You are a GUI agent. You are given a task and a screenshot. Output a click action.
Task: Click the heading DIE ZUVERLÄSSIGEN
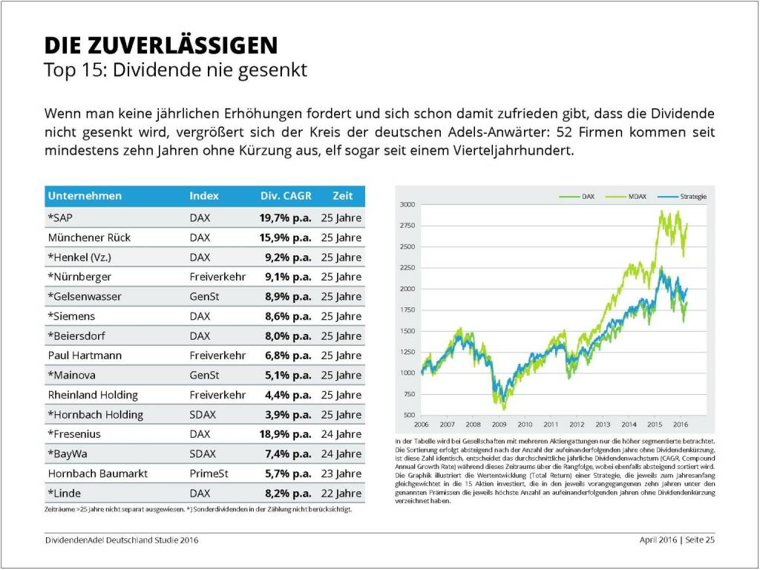[x=161, y=45]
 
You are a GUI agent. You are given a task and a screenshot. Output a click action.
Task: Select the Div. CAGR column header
[x=286, y=196]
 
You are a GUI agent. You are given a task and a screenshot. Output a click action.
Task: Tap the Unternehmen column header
[x=85, y=196]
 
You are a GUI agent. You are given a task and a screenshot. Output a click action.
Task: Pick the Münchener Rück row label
[x=89, y=237]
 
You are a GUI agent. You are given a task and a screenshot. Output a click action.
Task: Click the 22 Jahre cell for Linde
[x=341, y=493]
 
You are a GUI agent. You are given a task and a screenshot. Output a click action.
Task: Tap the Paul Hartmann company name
[x=85, y=356]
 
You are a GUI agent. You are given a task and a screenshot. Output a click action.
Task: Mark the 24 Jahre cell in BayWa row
[x=341, y=453]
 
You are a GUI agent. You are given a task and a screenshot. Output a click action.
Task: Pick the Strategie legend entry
[x=688, y=197]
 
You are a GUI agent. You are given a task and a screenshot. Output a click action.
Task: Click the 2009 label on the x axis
[x=499, y=425]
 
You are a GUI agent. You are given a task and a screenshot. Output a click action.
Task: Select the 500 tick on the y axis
[x=410, y=415]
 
